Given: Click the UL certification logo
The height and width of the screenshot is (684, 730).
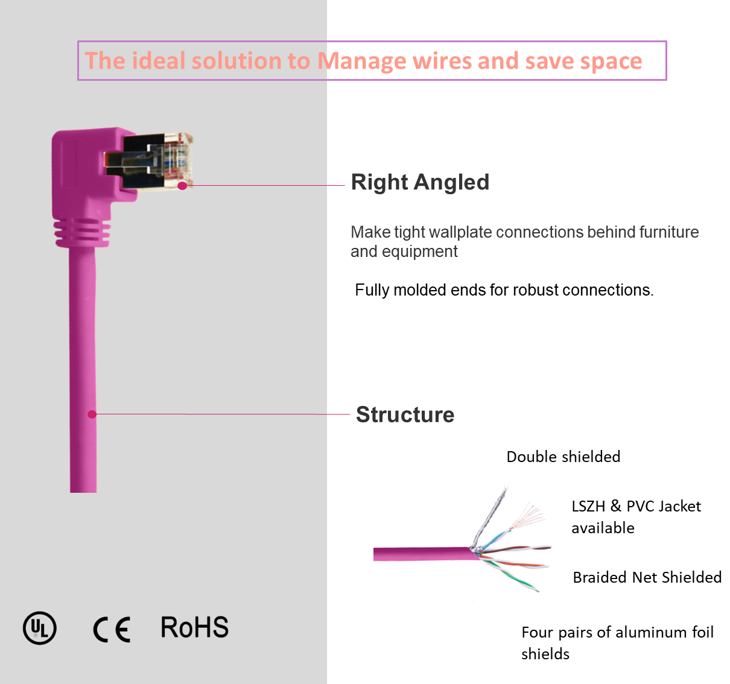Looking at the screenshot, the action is pyautogui.click(x=40, y=628).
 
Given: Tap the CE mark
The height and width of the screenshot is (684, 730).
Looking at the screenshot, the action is pyautogui.click(x=112, y=629).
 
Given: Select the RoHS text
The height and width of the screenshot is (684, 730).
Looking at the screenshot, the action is pyautogui.click(x=194, y=627).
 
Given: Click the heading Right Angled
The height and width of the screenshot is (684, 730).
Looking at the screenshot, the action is pyautogui.click(x=420, y=182).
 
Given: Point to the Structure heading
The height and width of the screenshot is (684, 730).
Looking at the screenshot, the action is pyautogui.click(x=405, y=414).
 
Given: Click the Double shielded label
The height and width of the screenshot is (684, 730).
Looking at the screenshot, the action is pyautogui.click(x=563, y=457).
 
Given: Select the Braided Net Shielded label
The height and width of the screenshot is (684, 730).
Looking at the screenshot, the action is pyautogui.click(x=647, y=577).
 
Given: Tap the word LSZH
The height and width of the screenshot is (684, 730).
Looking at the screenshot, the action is pyautogui.click(x=588, y=507).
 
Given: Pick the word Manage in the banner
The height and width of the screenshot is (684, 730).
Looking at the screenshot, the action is pyautogui.click(x=362, y=61).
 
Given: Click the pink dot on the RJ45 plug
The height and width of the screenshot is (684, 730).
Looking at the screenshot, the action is pyautogui.click(x=182, y=186).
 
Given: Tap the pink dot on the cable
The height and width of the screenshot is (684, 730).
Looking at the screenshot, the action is pyautogui.click(x=92, y=414).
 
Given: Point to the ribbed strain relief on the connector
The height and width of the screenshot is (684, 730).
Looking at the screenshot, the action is pyautogui.click(x=82, y=233).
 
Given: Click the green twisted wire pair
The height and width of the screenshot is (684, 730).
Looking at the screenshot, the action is pyautogui.click(x=512, y=576).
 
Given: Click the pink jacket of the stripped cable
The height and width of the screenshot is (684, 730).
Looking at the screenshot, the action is pyautogui.click(x=423, y=554).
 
